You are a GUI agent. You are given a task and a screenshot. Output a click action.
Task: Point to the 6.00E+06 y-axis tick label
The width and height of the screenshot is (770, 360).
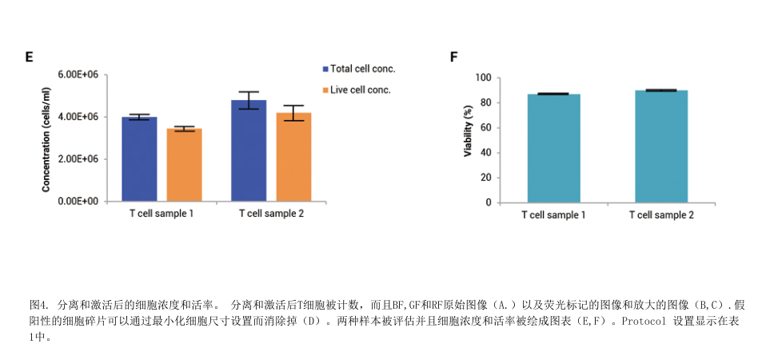[x=78, y=74]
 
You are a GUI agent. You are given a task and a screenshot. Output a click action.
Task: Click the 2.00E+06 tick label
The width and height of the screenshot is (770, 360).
[x=78, y=159]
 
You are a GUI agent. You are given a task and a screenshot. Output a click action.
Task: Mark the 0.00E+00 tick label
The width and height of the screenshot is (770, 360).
[x=78, y=202]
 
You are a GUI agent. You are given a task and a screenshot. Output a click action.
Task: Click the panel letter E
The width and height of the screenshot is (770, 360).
[x=29, y=57]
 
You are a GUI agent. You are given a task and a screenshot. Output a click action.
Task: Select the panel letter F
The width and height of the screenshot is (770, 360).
[x=454, y=57]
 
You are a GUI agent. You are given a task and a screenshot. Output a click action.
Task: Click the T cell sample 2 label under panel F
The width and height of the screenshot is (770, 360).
[x=661, y=215]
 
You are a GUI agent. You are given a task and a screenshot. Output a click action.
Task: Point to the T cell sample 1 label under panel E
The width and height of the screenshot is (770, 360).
[x=162, y=214]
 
